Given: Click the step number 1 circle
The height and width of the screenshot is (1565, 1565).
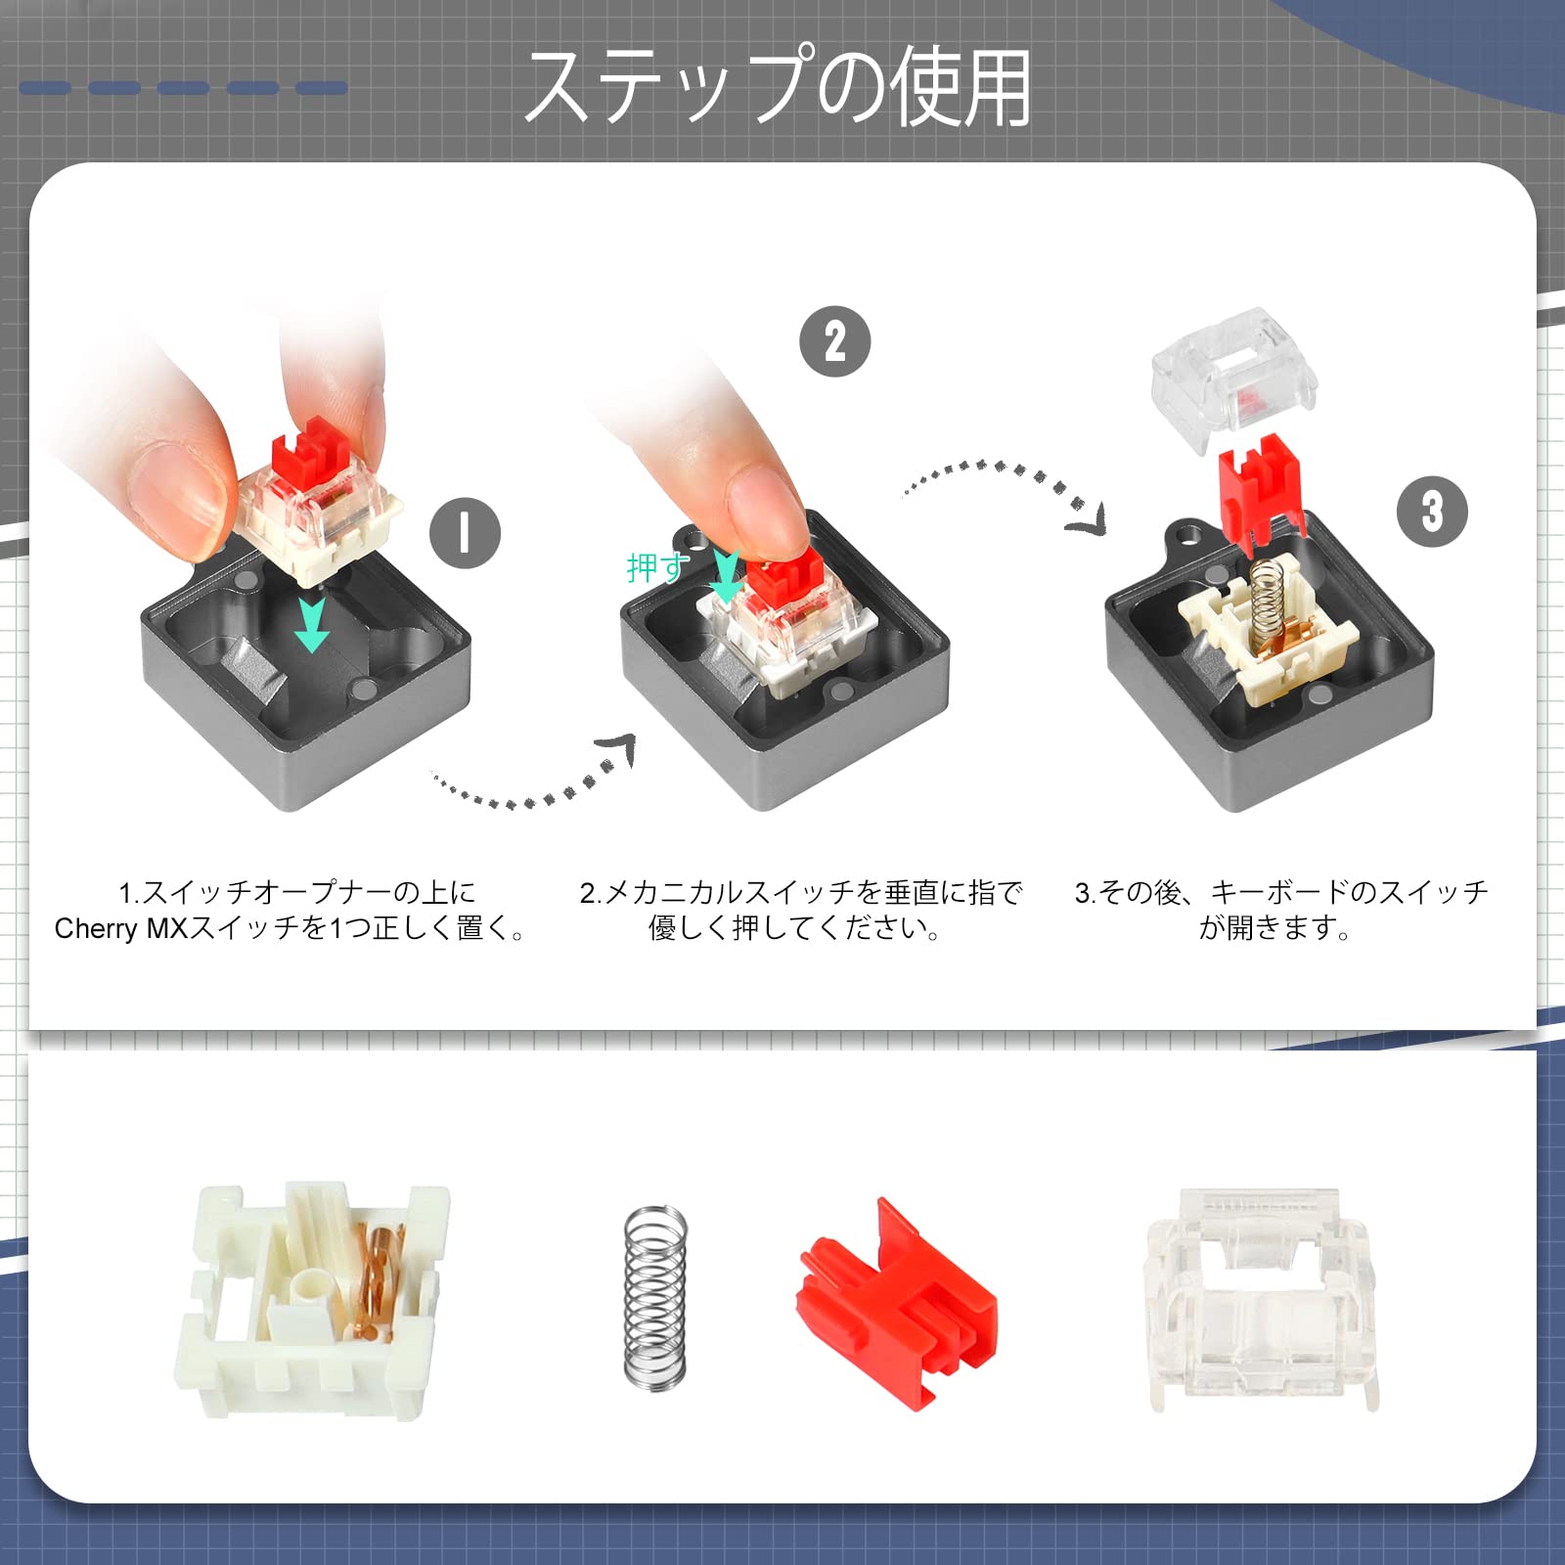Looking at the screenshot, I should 465,533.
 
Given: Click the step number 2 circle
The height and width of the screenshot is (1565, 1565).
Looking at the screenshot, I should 835,341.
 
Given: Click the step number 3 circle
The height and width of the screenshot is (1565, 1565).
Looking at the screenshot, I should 1432,511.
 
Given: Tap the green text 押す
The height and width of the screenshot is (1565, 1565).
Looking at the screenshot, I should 657,567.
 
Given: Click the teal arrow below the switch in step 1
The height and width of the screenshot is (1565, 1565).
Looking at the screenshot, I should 312,625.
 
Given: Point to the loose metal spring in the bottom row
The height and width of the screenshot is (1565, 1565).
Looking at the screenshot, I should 654,1297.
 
